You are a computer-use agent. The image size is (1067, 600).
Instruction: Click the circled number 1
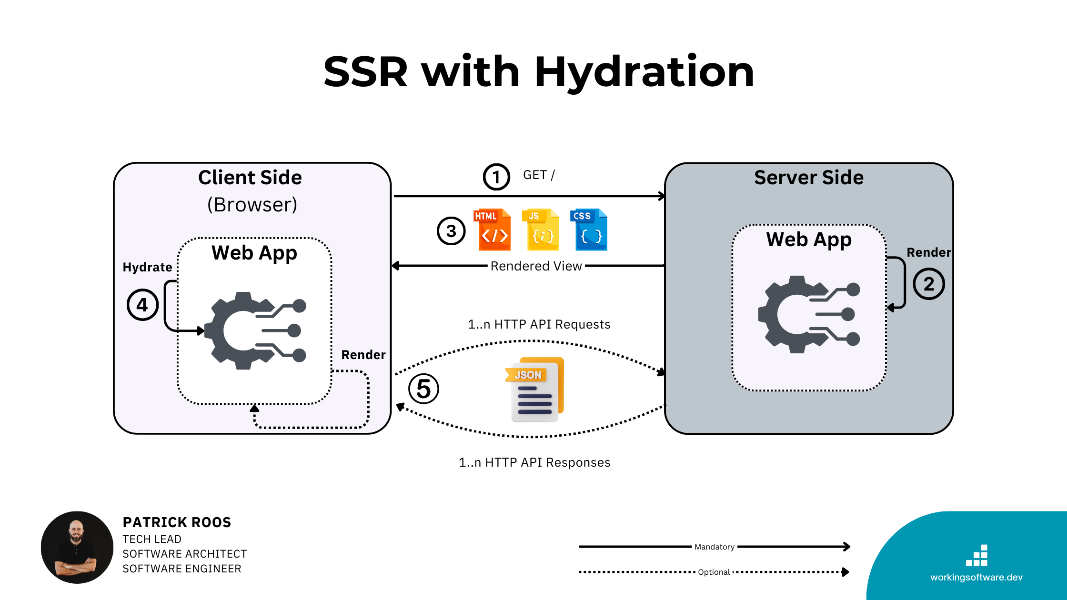(x=496, y=177)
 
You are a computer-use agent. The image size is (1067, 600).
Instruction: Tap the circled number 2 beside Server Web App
(x=928, y=284)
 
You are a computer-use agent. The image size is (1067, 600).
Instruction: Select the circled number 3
(x=451, y=231)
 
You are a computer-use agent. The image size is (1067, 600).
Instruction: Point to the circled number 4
(x=142, y=305)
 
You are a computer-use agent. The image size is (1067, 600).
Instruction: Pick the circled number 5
(x=423, y=389)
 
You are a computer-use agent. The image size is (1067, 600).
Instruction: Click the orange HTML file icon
(x=493, y=230)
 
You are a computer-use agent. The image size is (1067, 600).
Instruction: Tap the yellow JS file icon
(x=542, y=230)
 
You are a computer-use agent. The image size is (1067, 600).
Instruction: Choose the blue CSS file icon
(x=589, y=230)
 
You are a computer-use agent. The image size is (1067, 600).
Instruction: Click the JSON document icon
(x=535, y=390)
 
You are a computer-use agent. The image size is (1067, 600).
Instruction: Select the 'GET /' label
(x=539, y=175)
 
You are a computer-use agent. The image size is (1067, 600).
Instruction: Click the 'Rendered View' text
(x=536, y=266)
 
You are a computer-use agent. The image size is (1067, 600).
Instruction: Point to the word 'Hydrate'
(x=147, y=267)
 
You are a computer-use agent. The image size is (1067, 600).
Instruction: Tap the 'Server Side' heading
(x=808, y=178)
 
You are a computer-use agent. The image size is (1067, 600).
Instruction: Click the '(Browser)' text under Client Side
(x=252, y=205)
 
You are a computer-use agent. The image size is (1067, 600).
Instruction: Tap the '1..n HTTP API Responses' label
(x=534, y=462)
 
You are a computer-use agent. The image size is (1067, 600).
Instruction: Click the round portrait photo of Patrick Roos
(x=77, y=547)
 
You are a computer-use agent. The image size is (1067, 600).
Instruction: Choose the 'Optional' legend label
(x=714, y=572)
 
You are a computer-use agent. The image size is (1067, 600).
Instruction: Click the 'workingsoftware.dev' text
(x=976, y=577)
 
